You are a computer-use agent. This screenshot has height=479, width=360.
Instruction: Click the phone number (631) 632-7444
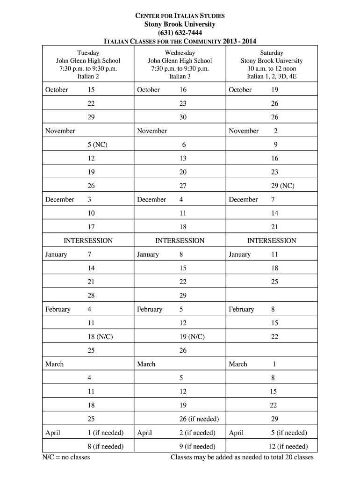pos(180,32)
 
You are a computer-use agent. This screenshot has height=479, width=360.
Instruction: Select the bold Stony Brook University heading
pos(180,24)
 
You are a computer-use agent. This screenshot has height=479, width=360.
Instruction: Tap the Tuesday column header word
pos(88,53)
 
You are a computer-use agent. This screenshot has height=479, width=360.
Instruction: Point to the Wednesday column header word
pos(180,53)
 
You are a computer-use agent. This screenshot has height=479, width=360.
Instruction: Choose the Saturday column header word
pos(272,53)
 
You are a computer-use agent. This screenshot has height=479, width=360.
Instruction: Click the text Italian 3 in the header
pos(180,76)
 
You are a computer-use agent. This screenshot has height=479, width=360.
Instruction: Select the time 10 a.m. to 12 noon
pos(272,68)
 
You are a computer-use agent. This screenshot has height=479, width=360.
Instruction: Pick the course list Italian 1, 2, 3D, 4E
pos(272,76)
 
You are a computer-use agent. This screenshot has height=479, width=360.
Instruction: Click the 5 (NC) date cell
pos(97,145)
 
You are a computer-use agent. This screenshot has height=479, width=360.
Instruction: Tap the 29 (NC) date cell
pos(282,186)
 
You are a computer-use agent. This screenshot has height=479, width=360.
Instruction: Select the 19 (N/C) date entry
pos(192,337)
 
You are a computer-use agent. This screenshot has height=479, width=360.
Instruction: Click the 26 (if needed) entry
pos(199,419)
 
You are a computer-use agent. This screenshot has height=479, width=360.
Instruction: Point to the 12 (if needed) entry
pos(288,446)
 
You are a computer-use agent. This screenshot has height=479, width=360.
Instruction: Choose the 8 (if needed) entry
pos(105,446)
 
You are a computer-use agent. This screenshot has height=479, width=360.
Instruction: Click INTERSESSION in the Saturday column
pos(272,240)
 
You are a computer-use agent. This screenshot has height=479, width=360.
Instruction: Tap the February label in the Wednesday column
pos(150,309)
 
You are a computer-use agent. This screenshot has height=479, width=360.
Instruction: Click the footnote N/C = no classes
pos(66,457)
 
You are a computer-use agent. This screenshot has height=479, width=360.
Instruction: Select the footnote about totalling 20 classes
pos(242,457)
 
